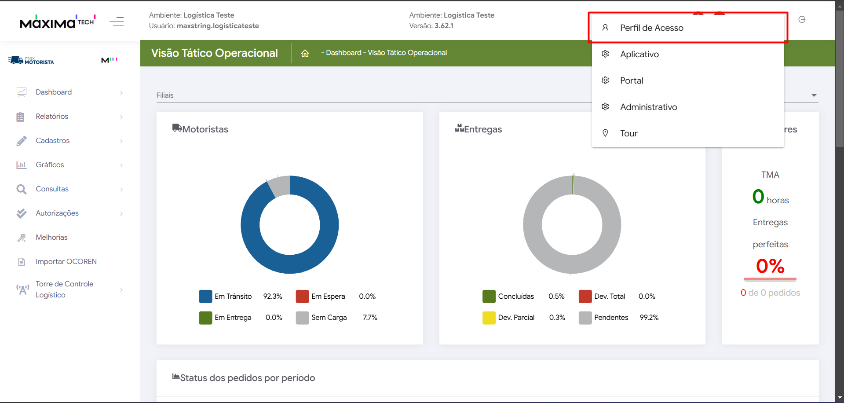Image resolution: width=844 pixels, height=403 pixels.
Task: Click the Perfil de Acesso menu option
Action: point(651,28)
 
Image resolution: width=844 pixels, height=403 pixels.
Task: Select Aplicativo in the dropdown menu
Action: point(639,54)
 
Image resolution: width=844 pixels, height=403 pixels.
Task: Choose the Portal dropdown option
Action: point(631,81)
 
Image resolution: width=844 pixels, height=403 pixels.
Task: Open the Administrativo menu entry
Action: point(648,107)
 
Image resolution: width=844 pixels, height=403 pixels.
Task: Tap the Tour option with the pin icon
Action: point(628,133)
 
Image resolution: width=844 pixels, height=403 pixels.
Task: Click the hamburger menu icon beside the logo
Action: point(117,21)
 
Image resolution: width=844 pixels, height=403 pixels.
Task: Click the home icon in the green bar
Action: point(305,53)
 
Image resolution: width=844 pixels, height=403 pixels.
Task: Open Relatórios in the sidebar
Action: point(52,116)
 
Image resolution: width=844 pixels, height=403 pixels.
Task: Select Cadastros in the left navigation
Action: point(52,140)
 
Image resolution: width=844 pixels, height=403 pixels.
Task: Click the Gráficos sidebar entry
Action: point(50,165)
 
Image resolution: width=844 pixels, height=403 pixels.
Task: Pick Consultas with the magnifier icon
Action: point(52,189)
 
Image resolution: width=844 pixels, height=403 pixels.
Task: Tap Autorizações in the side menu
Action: point(57,213)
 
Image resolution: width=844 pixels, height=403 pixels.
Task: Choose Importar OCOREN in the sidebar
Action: point(66,261)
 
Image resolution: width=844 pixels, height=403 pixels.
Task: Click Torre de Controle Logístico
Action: point(64,289)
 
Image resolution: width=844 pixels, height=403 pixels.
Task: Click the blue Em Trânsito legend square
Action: point(205,297)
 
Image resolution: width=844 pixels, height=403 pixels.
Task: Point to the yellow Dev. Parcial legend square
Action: point(489,318)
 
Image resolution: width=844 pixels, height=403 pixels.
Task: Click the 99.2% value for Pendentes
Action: point(649,318)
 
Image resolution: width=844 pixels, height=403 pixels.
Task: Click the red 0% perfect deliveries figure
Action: point(770,266)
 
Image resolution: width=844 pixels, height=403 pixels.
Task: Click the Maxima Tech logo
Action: point(57,21)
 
